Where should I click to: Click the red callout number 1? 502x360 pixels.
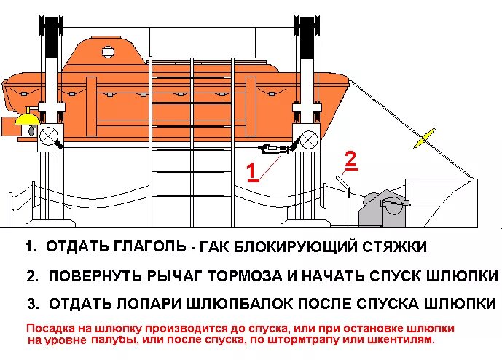251,171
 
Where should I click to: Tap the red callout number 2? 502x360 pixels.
350,160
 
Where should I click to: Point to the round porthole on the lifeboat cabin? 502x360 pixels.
109,52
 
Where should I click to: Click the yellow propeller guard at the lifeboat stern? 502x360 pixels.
28,120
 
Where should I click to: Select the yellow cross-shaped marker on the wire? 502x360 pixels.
424,139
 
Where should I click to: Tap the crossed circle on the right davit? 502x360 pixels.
307,136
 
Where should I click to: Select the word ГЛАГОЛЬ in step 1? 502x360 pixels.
144,247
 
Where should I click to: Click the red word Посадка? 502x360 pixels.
50,328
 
